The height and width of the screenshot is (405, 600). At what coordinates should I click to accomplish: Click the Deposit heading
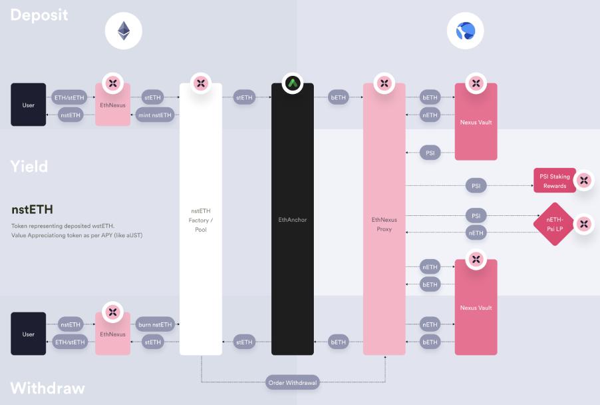39,14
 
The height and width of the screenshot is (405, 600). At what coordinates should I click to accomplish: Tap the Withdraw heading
47,388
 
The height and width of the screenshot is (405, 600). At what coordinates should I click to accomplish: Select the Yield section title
29,166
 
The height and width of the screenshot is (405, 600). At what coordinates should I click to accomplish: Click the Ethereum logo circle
124,31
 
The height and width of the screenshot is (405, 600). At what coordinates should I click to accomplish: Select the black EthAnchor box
292,219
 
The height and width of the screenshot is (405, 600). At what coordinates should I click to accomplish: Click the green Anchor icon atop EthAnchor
292,83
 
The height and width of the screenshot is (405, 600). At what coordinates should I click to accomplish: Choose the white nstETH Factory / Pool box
200,219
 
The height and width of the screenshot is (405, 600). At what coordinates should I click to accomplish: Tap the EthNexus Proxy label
384,224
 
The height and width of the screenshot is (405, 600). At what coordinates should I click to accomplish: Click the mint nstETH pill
154,115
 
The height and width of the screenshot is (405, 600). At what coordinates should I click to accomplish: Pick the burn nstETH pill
154,324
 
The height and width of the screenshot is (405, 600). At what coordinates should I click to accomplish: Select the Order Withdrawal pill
293,383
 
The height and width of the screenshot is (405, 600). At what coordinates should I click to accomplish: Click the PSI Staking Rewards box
554,181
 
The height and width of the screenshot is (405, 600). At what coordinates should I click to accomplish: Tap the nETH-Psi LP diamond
553,224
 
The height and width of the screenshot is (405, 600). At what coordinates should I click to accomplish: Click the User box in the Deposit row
29,105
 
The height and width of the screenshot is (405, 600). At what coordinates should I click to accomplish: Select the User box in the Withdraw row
29,334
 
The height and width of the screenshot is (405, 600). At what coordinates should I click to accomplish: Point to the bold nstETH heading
32,210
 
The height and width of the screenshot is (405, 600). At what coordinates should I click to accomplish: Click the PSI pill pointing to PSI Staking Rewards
476,186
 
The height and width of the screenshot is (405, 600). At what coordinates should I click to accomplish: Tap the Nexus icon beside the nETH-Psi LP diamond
583,224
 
